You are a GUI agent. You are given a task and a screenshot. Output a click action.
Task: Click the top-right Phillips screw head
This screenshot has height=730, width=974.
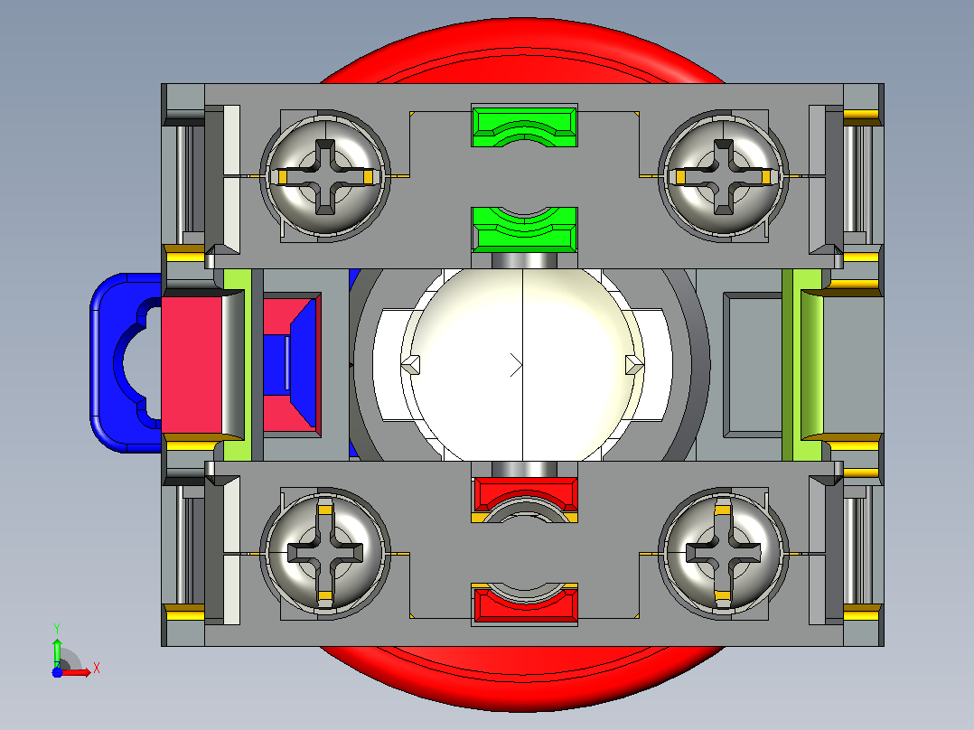click(x=723, y=175)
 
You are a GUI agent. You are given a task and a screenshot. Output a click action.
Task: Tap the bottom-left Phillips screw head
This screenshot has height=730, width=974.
click(x=325, y=552)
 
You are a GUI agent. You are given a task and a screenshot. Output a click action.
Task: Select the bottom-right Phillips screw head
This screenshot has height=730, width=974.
click(x=723, y=552)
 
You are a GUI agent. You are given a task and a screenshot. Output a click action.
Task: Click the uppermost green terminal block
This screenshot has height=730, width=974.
click(x=525, y=126)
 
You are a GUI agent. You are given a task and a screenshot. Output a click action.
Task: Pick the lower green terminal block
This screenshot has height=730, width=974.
click(x=525, y=229)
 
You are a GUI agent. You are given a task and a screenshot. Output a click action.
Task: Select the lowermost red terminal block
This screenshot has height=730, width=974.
click(x=525, y=604)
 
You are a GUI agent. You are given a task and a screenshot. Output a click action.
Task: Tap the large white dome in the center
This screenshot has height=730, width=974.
click(x=522, y=365)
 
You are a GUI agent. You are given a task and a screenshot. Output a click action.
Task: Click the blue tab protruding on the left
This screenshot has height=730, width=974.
click(x=121, y=362)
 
